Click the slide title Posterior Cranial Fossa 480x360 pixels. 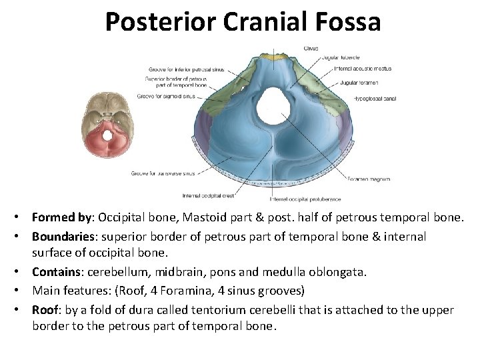(243, 23)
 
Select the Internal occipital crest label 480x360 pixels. (209, 196)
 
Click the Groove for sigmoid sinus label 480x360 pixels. (167, 96)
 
